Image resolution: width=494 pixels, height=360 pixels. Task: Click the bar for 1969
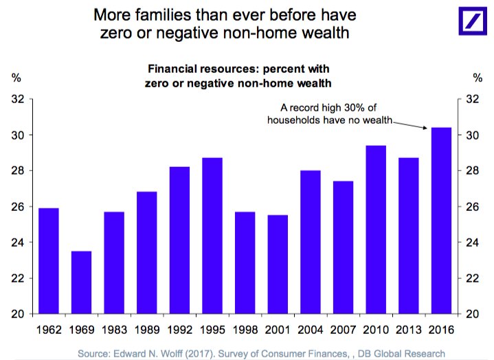[x=81, y=282]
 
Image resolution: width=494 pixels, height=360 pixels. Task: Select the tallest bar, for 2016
[x=441, y=221]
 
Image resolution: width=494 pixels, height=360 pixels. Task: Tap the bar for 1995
[x=212, y=236]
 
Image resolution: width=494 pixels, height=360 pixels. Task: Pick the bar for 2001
[x=278, y=265]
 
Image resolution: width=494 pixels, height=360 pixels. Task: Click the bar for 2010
[x=376, y=229]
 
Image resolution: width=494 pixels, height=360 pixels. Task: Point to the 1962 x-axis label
[x=49, y=330]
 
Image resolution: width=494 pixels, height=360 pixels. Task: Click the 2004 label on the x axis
[x=311, y=330]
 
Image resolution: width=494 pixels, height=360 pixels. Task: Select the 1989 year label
[x=147, y=330]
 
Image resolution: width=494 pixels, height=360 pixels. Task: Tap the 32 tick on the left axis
[x=18, y=99]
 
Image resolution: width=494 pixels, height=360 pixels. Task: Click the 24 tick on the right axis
[x=472, y=243]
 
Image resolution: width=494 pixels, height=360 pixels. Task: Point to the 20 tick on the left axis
[x=18, y=314]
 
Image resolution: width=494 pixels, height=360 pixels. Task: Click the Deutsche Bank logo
[x=473, y=21]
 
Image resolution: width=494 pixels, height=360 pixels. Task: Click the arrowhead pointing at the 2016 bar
[x=425, y=128]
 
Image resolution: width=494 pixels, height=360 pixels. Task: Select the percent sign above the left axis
[x=16, y=78]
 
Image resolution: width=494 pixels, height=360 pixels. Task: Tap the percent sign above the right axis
[x=478, y=78]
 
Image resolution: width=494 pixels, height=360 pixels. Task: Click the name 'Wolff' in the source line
[x=171, y=354]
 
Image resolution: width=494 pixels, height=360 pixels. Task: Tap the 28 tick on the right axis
[x=472, y=170]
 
